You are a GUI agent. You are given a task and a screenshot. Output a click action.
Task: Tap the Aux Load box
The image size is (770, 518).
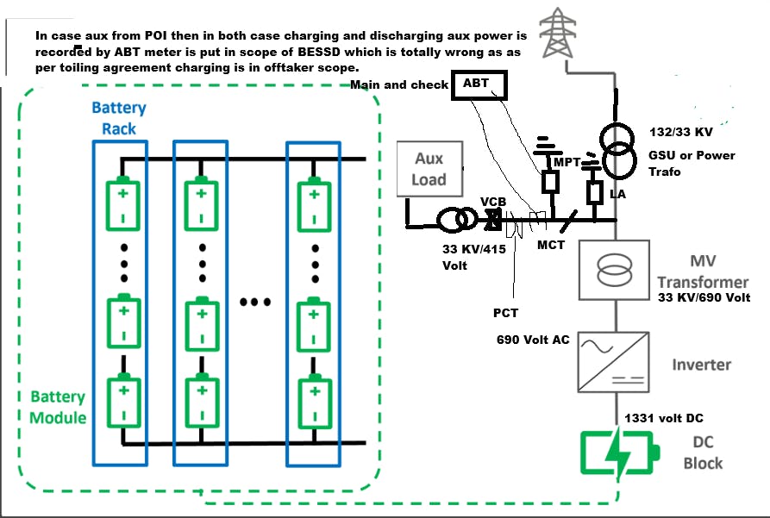click(x=429, y=169)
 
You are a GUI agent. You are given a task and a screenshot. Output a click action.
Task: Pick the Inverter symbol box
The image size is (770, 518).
click(x=613, y=362)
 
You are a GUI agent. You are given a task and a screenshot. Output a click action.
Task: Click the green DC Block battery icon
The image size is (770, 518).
click(x=619, y=455)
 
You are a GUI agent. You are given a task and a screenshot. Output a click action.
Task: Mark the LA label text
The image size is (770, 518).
click(x=617, y=196)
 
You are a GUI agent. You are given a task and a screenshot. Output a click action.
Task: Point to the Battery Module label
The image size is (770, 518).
click(x=59, y=407)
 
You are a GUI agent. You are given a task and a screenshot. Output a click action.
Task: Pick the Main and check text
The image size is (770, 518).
click(x=399, y=84)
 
